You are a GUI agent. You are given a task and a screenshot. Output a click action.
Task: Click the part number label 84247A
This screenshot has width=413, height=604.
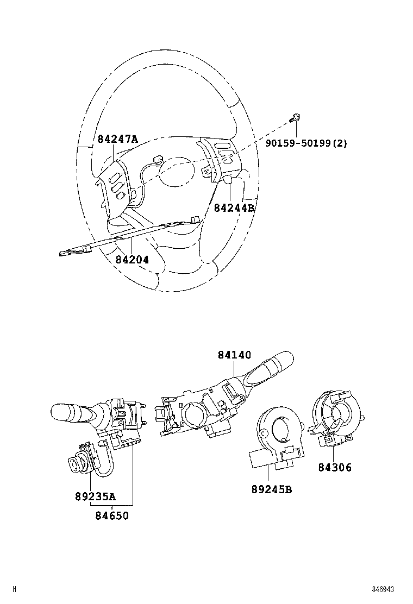[117, 139]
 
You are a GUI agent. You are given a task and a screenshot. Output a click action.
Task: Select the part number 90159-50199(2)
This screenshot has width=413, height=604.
[306, 143]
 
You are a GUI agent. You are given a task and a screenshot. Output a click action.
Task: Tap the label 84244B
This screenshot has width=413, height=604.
[234, 207]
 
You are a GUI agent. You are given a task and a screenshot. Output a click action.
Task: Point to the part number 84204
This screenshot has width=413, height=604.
[132, 260]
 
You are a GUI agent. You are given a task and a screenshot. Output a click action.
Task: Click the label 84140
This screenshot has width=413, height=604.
[234, 355]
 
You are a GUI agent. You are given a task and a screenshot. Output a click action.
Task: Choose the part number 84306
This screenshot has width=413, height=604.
[335, 467]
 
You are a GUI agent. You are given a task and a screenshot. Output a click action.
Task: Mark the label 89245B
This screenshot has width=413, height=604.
[272, 489]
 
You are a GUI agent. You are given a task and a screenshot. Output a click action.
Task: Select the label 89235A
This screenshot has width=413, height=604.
[95, 496]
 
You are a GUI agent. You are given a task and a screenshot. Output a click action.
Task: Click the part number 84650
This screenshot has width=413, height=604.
[112, 515]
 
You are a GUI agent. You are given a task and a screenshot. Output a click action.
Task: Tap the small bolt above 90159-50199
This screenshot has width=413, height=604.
[297, 117]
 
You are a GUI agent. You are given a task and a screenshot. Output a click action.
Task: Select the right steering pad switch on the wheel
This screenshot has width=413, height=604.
[220, 158]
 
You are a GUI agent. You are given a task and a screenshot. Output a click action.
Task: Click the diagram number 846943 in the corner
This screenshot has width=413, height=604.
[383, 589]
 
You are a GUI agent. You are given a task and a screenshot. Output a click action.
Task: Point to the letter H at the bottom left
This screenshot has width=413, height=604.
[15, 589]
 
